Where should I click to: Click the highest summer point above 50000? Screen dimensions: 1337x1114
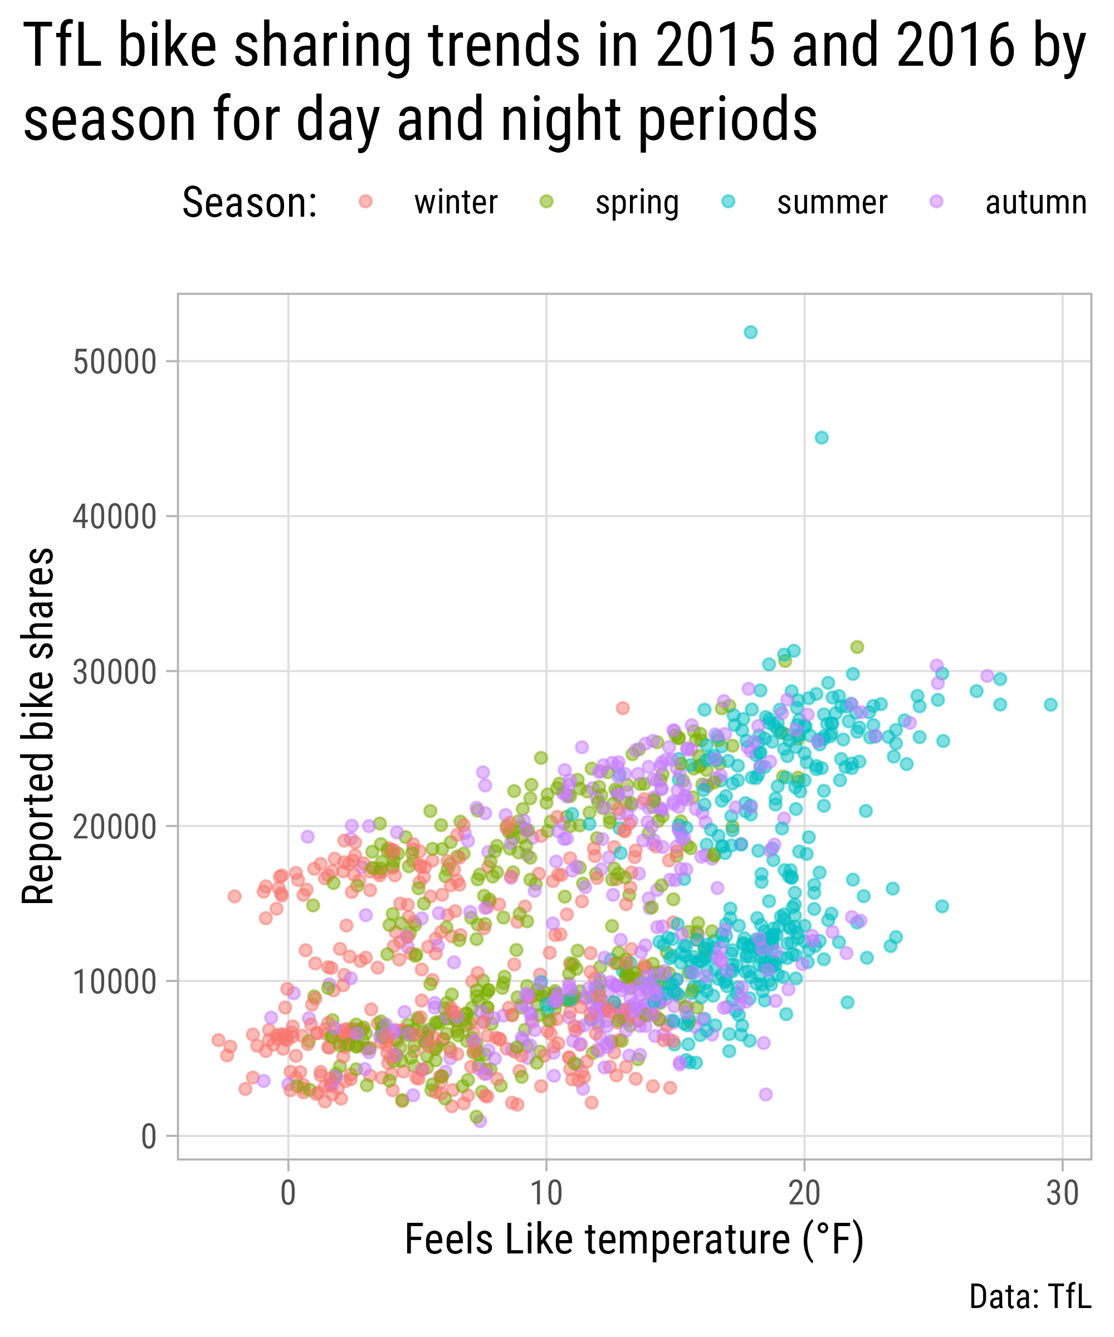[x=751, y=331]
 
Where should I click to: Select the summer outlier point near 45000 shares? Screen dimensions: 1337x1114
[x=822, y=437]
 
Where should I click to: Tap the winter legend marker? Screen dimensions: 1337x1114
[x=365, y=202]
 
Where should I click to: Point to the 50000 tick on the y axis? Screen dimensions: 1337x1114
[x=115, y=362]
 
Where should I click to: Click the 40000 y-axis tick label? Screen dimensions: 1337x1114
[x=115, y=516]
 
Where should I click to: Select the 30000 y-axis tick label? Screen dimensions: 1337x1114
[x=115, y=672]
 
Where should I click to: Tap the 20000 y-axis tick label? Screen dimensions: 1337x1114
[x=115, y=826]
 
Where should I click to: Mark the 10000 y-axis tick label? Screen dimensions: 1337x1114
[x=115, y=982]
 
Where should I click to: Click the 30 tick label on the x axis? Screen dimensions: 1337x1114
[x=1062, y=1194]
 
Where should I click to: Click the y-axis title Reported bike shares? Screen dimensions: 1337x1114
[x=38, y=726]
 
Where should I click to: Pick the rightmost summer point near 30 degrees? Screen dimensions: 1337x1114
[x=1051, y=705]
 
